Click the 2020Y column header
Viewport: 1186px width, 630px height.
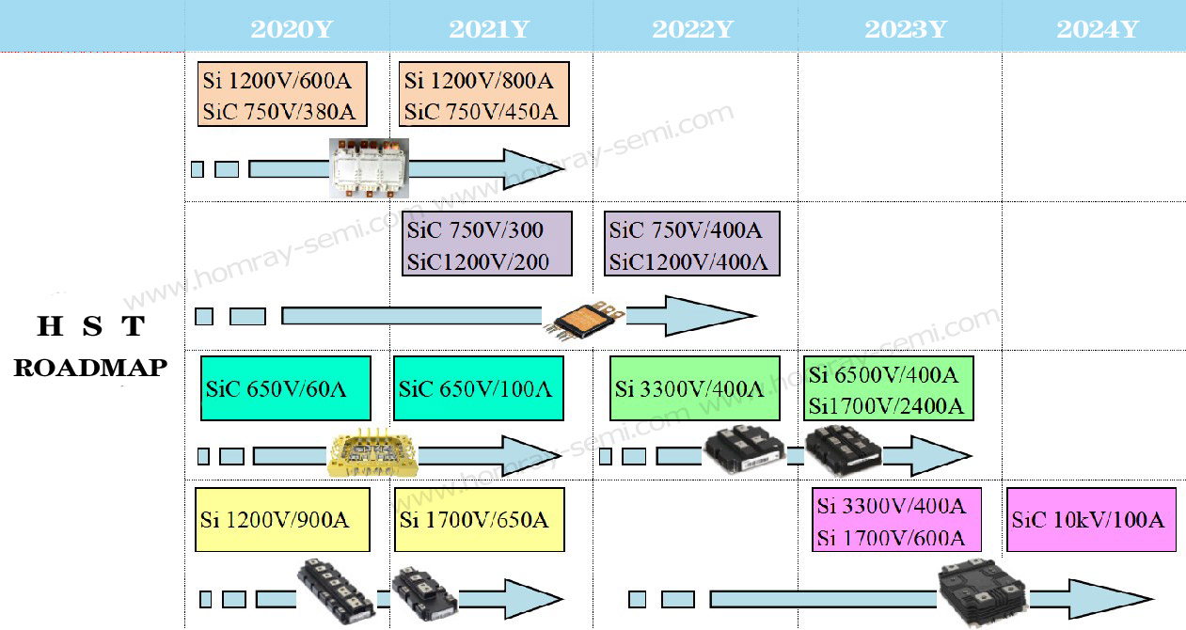292,29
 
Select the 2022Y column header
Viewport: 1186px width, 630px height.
692,29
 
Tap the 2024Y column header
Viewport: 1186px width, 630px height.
1098,29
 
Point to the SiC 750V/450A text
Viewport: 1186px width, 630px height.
482,112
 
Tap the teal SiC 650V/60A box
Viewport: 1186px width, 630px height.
286,387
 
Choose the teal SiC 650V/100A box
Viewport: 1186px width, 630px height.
479,387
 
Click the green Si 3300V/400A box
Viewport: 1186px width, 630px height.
694,387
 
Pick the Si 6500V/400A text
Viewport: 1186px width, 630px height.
883,376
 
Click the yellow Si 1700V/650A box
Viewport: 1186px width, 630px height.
479,519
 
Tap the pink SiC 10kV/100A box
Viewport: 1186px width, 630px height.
1091,520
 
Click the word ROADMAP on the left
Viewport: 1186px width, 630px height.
90,368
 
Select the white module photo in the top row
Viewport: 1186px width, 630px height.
369,166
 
